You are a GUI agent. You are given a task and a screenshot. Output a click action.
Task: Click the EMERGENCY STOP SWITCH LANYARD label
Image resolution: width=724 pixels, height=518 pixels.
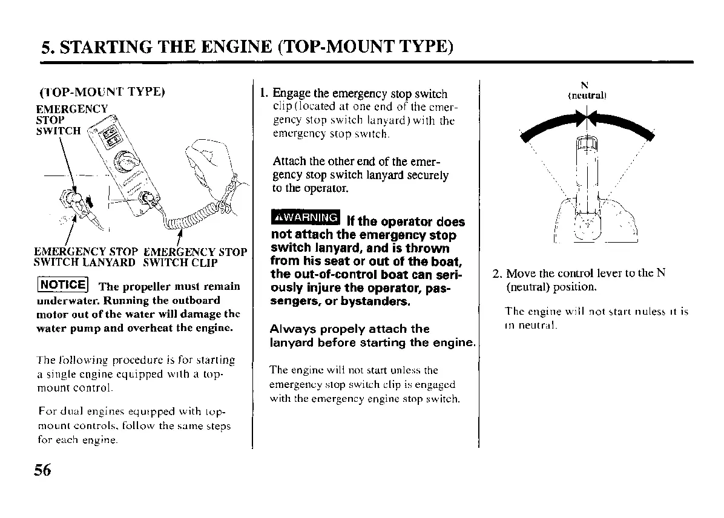[x=85, y=257]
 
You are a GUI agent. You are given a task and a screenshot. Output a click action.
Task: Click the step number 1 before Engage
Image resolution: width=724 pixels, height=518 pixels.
[x=263, y=94]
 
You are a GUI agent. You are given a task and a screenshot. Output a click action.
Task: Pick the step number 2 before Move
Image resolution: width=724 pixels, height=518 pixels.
[x=496, y=274]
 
